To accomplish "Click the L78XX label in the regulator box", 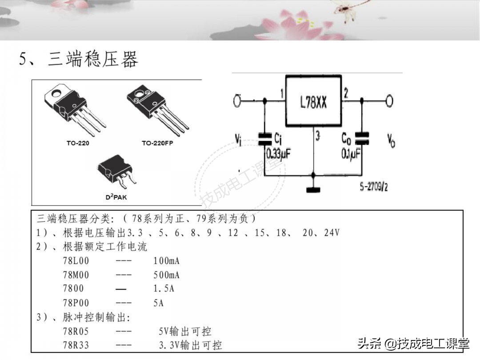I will (313, 103).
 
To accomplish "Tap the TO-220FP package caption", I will (157, 143).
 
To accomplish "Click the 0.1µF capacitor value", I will (351, 154).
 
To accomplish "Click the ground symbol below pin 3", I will (313, 190).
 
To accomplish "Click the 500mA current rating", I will (166, 275).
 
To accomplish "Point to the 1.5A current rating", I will (164, 289).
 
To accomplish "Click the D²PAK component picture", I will (116, 171).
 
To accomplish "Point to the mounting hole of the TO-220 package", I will (57, 94).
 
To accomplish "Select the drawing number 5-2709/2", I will (373, 187).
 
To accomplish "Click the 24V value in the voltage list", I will (332, 233).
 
